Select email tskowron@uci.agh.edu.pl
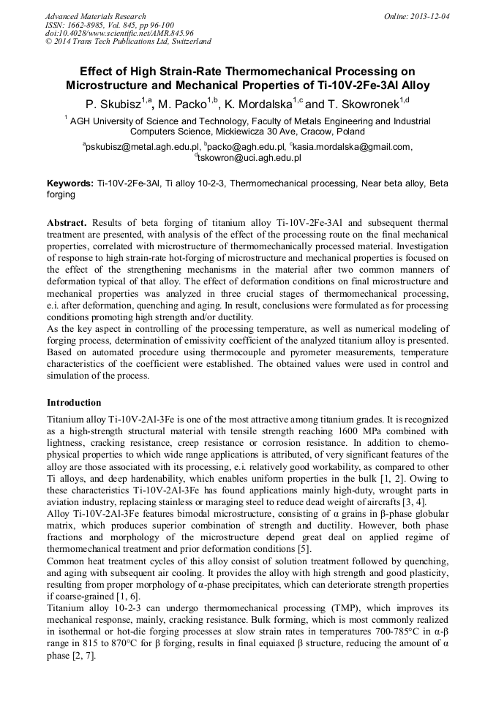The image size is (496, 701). (249, 157)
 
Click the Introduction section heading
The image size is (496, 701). (74, 402)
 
